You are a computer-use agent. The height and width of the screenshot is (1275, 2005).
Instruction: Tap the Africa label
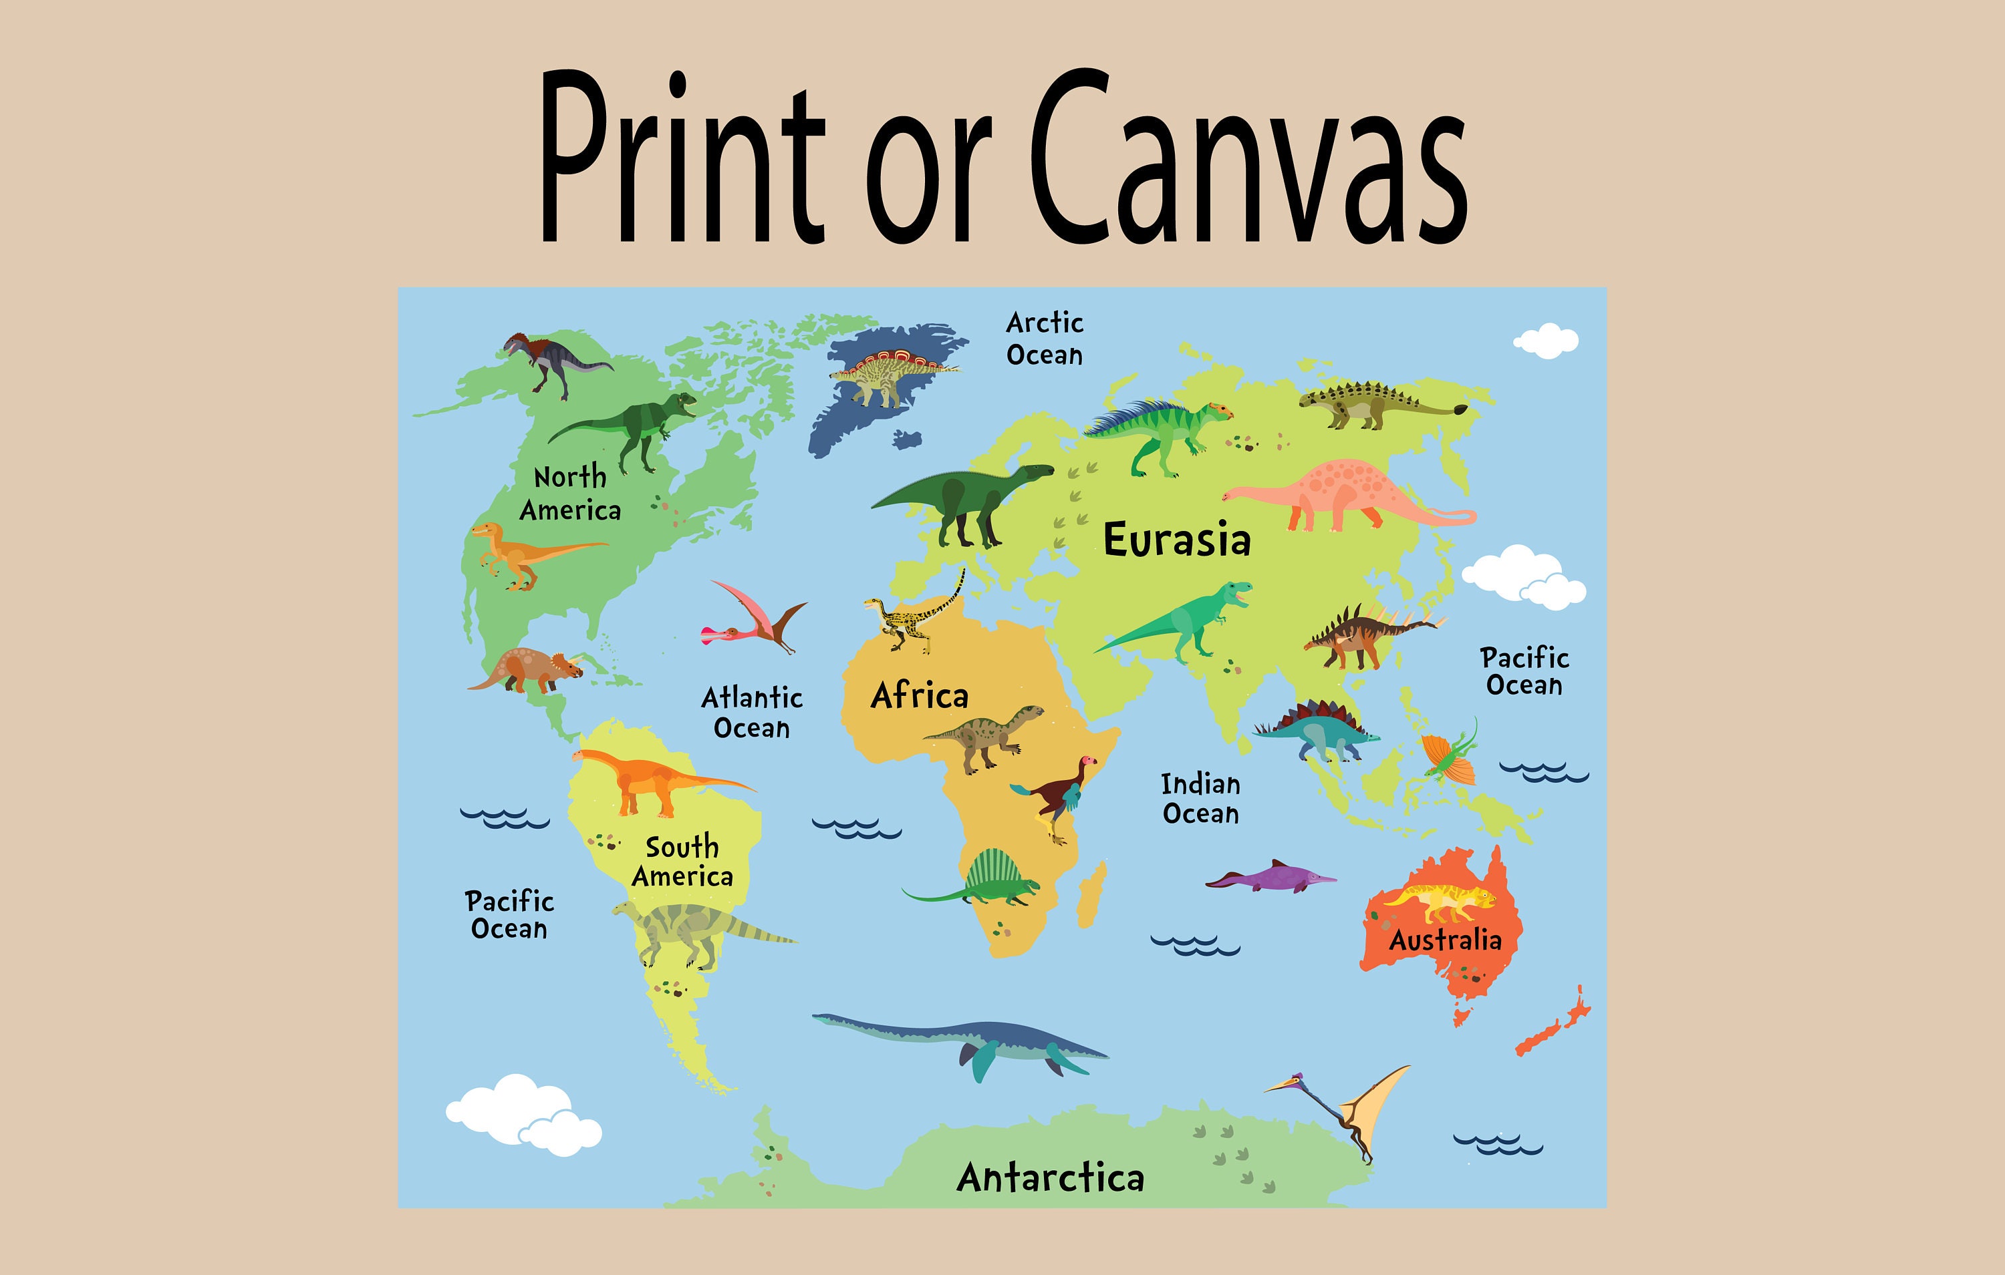(919, 696)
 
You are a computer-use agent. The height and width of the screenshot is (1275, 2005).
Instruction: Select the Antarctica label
(1050, 1177)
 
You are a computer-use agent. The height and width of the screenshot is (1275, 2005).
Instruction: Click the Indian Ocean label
(1201, 799)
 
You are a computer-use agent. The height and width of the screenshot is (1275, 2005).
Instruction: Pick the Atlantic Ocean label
(752, 713)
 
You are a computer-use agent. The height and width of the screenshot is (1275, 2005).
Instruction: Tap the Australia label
(1445, 940)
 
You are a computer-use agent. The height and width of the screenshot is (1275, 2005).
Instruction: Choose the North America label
(570, 494)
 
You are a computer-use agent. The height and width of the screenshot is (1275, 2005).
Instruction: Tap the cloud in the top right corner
(1547, 341)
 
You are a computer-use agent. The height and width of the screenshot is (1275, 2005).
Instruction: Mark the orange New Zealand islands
(1553, 1024)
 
